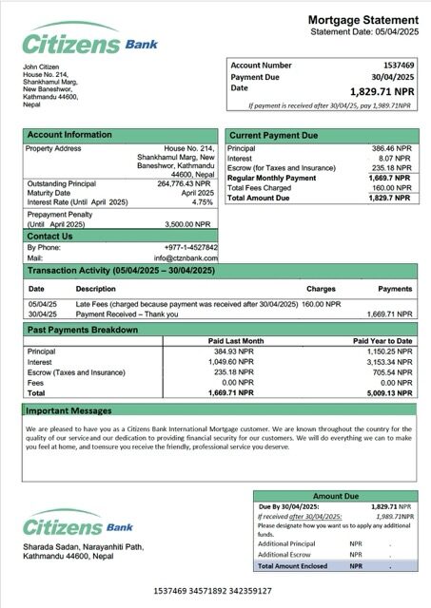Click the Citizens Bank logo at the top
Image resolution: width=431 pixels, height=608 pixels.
pyautogui.click(x=89, y=42)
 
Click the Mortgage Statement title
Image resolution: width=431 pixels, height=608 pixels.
pyautogui.click(x=362, y=20)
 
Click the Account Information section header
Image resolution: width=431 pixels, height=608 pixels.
pyautogui.click(x=69, y=135)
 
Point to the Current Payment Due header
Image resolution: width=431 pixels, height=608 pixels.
pyautogui.click(x=275, y=135)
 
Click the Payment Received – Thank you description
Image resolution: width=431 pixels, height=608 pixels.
pyautogui.click(x=126, y=313)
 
